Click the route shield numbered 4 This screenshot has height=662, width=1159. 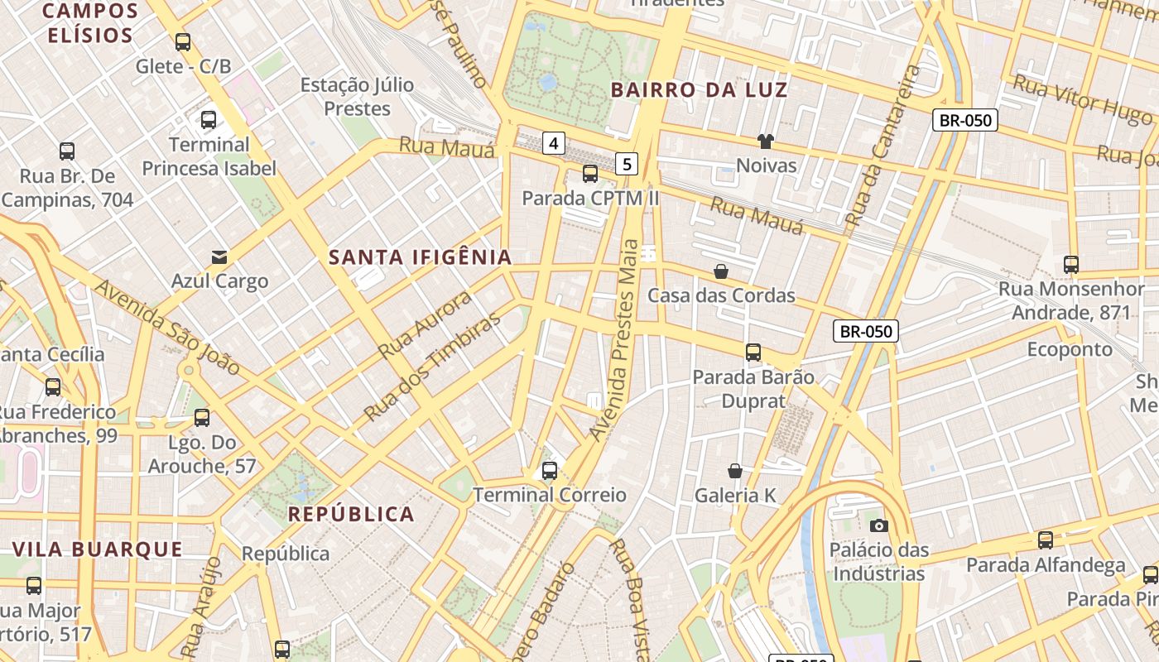pyautogui.click(x=554, y=143)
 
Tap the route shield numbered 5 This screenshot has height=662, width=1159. pyautogui.click(x=627, y=164)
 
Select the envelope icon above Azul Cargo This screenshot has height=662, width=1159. pyautogui.click(x=219, y=257)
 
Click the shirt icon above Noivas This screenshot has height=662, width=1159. pyautogui.click(x=765, y=142)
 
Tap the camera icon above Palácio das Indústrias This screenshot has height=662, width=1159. pyautogui.click(x=879, y=525)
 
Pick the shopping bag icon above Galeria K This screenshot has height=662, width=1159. pyautogui.click(x=734, y=471)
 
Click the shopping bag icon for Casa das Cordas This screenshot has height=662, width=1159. pyautogui.click(x=721, y=271)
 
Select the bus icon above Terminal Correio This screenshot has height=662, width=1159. pyautogui.click(x=549, y=471)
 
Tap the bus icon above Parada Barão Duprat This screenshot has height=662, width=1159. pyautogui.click(x=753, y=353)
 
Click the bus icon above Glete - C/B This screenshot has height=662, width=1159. pyautogui.click(x=183, y=42)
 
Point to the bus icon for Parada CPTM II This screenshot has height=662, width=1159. pyautogui.click(x=589, y=174)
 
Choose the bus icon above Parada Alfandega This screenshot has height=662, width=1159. pyautogui.click(x=1046, y=540)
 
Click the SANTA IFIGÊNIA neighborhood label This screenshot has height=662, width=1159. pyautogui.click(x=421, y=257)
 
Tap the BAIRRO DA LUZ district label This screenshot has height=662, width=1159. pyautogui.click(x=700, y=90)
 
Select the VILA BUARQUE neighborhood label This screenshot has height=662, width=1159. pyautogui.click(x=98, y=549)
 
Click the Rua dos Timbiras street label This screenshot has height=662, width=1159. pyautogui.click(x=432, y=367)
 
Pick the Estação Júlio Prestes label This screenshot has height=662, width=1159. pyautogui.click(x=357, y=97)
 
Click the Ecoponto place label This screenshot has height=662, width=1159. pyautogui.click(x=1070, y=349)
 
